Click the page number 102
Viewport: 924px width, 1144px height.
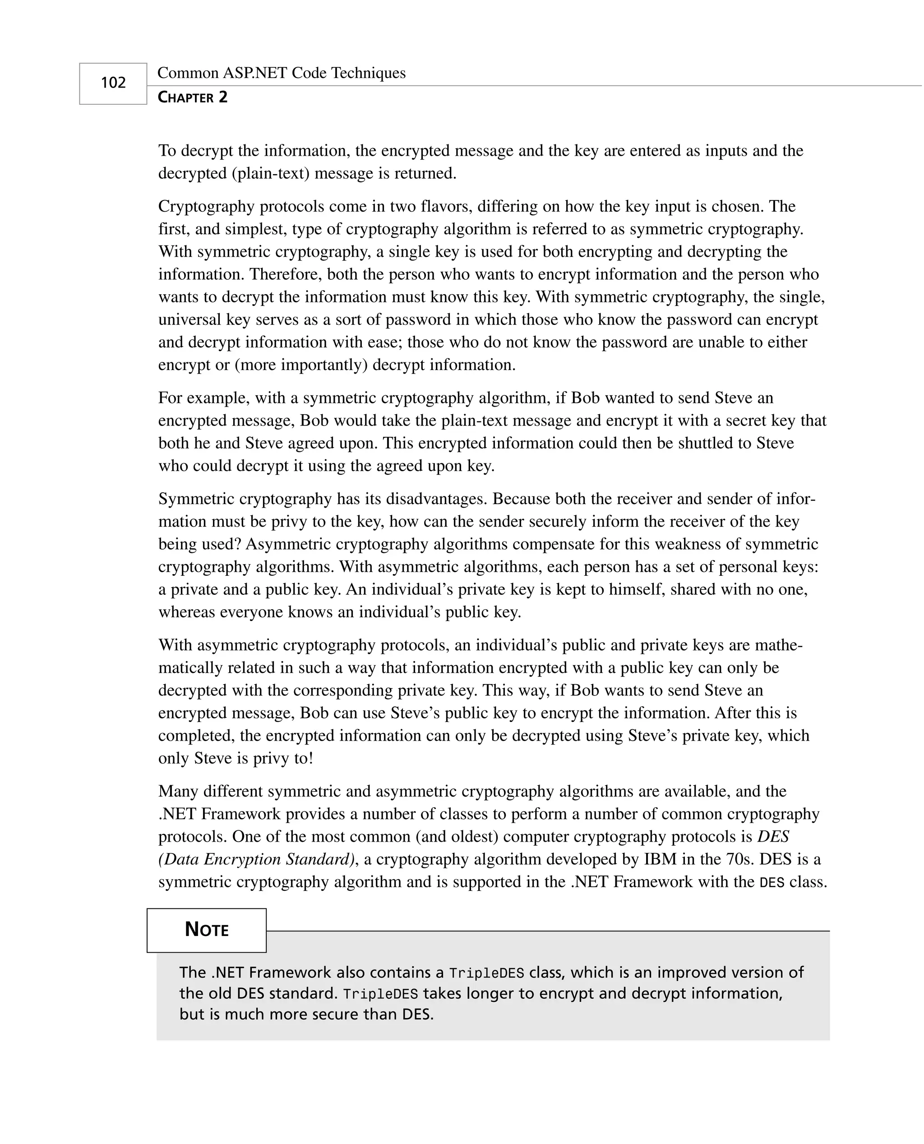coord(113,83)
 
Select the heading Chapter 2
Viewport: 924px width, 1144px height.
coord(193,97)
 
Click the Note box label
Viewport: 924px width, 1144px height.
coord(207,930)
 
